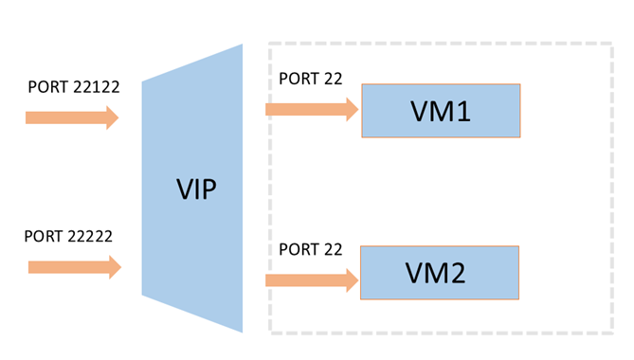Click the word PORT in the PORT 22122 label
click(x=45, y=87)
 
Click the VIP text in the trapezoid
click(x=196, y=189)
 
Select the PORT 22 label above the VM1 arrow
click(x=311, y=79)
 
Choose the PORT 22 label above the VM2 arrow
click(x=311, y=250)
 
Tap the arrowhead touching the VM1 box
click(x=353, y=110)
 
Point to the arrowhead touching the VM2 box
click(x=353, y=279)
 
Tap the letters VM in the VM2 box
click(x=428, y=274)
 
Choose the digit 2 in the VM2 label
click(x=462, y=274)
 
